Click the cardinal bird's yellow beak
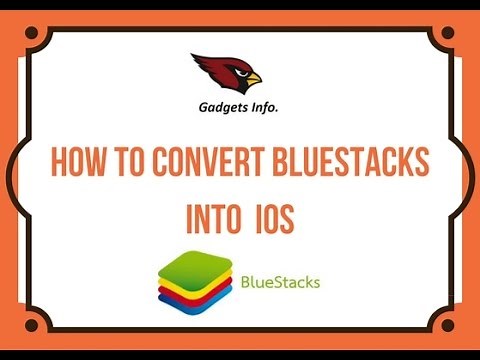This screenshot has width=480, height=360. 253,78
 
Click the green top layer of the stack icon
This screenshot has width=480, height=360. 195,263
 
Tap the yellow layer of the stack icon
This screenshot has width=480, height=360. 195,286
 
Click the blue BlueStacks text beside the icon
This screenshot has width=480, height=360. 280,282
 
